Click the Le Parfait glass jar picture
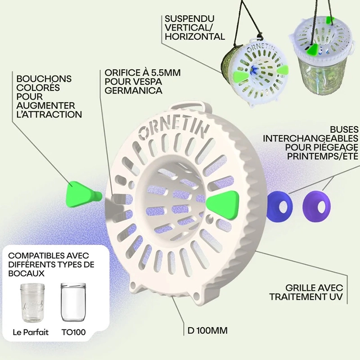(32, 302)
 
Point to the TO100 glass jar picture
(73, 302)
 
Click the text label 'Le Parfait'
(31, 332)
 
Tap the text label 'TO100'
(73, 332)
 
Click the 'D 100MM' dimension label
(207, 331)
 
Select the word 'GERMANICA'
(133, 90)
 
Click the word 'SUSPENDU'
(189, 18)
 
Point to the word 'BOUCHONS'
(44, 79)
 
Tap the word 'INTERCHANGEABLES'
(310, 139)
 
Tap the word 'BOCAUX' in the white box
(26, 274)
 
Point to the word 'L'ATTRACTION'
(49, 114)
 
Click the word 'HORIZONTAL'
(195, 36)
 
